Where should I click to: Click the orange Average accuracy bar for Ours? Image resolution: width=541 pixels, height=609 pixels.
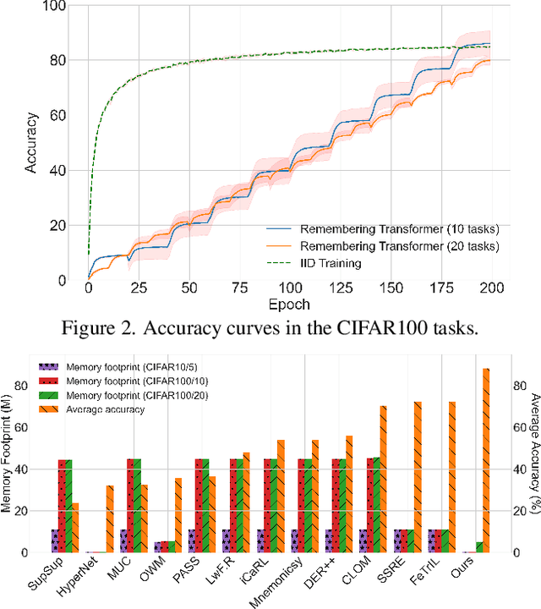coord(486,460)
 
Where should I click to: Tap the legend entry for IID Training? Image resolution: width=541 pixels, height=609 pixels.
coord(337,263)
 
